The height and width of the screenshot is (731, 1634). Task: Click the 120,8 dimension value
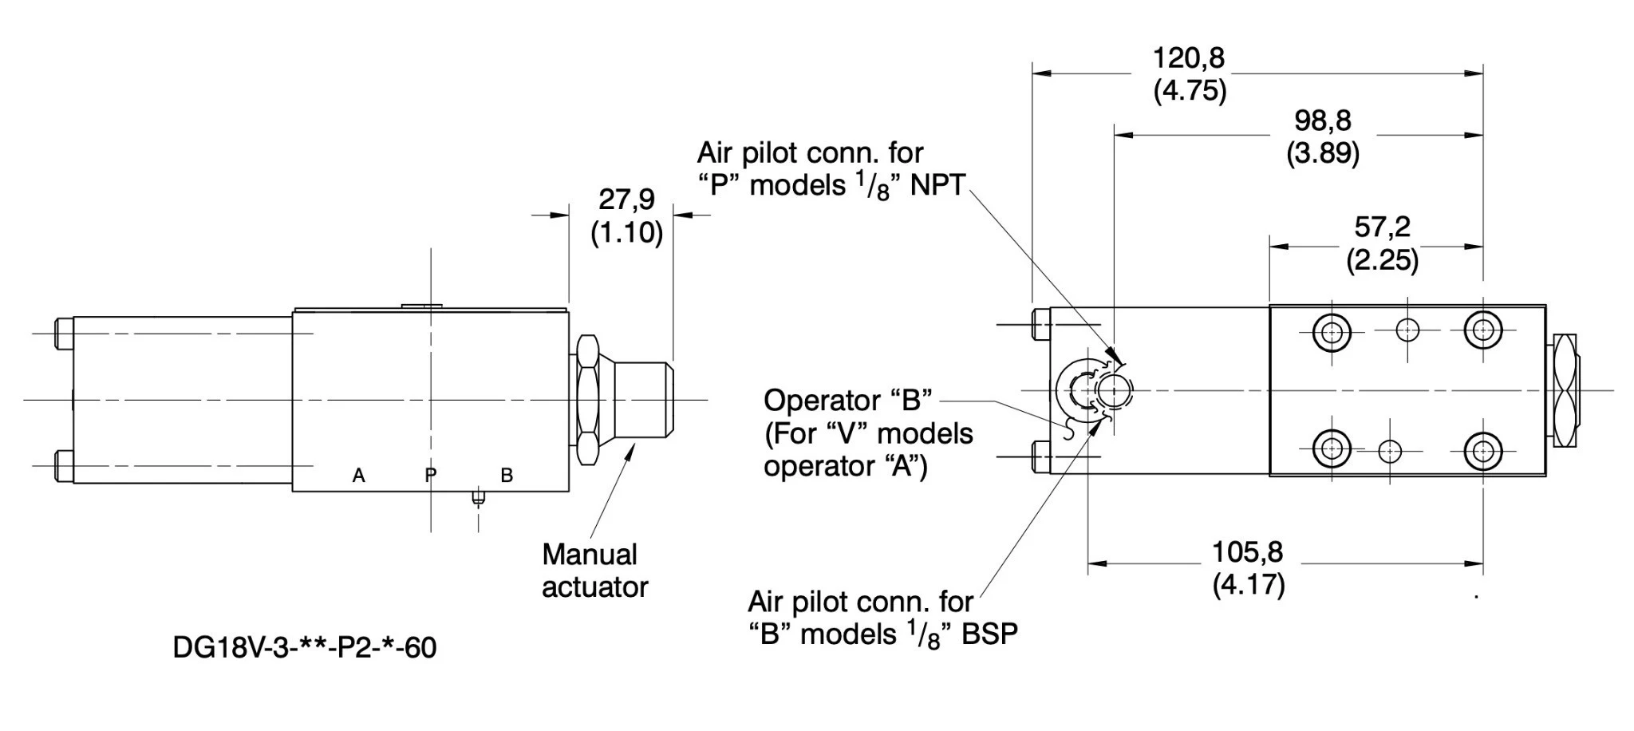(x=1188, y=58)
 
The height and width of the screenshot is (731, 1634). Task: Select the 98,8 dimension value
(x=1322, y=121)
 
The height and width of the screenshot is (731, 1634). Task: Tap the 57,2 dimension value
(x=1382, y=227)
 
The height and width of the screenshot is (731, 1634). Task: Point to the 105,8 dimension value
(x=1247, y=551)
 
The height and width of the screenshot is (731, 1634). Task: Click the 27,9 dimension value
(x=626, y=199)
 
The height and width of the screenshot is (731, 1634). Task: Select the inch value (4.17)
(x=1248, y=585)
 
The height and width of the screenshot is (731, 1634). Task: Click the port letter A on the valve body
(x=359, y=476)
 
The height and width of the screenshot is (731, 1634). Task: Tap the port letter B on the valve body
(x=507, y=476)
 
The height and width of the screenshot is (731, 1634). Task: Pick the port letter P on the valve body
(x=431, y=476)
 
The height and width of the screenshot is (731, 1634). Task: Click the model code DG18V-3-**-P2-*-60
(x=304, y=647)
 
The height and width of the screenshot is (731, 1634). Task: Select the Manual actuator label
(x=594, y=571)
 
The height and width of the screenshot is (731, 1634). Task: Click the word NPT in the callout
(x=937, y=185)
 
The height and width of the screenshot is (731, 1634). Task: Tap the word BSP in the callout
(x=989, y=634)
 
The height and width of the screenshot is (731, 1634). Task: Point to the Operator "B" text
(x=847, y=400)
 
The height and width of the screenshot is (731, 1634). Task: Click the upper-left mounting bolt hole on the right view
(x=1331, y=331)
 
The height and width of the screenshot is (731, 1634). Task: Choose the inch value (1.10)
(x=626, y=233)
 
